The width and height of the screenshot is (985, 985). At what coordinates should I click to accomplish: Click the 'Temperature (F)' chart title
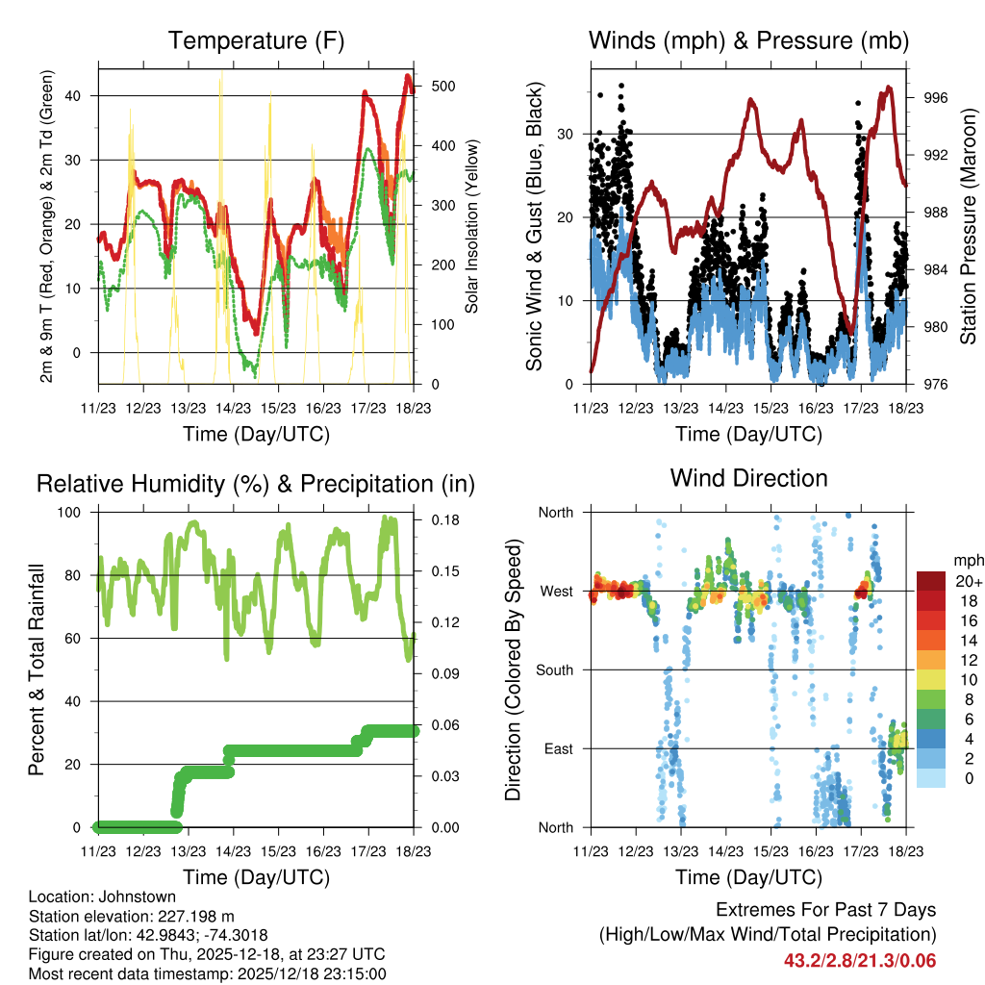pos(256,41)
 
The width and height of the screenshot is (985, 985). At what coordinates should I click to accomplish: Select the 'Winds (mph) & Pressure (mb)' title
pos(748,41)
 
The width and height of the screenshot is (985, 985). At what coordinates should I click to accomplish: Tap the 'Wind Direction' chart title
pos(748,478)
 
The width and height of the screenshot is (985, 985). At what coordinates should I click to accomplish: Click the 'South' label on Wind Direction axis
pos(555,669)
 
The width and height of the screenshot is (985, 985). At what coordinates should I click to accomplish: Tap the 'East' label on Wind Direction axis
pos(559,748)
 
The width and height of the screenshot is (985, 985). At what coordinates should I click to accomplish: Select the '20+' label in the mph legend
pos(967,581)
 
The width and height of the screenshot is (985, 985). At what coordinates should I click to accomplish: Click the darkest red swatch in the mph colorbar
pos(930,581)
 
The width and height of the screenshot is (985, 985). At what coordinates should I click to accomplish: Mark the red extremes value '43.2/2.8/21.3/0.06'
pos(860,960)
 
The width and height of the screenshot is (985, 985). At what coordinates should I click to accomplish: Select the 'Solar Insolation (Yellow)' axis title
pos(472,225)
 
